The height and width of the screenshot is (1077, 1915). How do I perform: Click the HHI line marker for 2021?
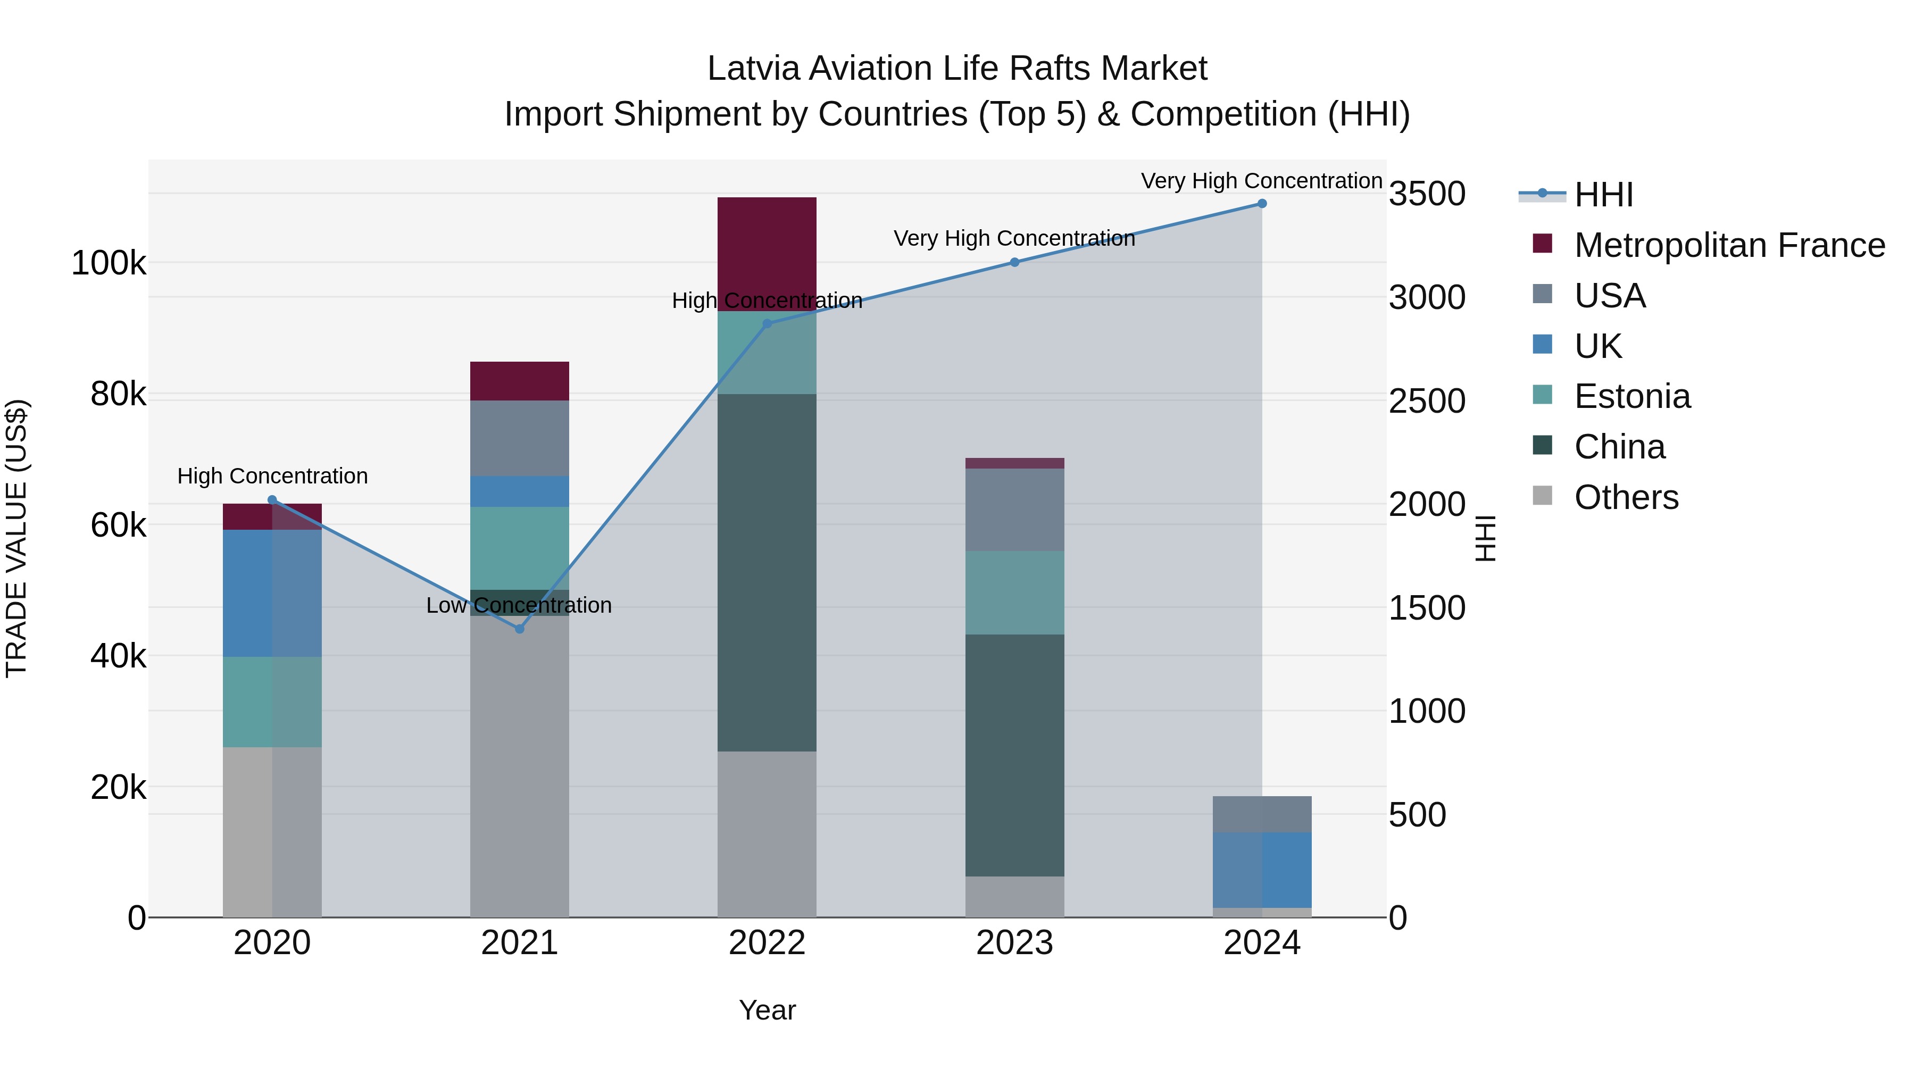pos(520,629)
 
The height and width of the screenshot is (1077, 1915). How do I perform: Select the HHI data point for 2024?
pos(1262,204)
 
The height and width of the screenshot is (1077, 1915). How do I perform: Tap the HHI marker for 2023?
pos(1014,262)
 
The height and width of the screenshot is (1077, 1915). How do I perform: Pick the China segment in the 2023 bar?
pos(1014,754)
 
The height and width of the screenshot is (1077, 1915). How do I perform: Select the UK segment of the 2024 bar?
pos(1262,870)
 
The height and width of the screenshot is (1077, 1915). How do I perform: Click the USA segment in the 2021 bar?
pos(520,439)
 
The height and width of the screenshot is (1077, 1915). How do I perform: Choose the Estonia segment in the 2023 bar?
pos(1014,592)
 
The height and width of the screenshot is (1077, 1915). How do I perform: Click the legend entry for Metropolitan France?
pos(1729,245)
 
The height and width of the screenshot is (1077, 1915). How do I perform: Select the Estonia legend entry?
pos(1632,396)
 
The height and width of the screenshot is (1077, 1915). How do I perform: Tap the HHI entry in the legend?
pos(1603,195)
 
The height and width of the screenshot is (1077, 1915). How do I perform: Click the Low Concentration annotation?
pos(519,605)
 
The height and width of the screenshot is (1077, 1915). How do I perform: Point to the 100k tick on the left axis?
pos(109,263)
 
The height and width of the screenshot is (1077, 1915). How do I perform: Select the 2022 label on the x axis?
pos(767,943)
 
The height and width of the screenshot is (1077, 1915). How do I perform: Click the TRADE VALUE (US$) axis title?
pos(17,538)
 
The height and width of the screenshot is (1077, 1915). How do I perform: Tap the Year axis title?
pos(767,1010)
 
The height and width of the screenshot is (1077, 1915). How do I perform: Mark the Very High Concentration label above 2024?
pos(1262,181)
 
